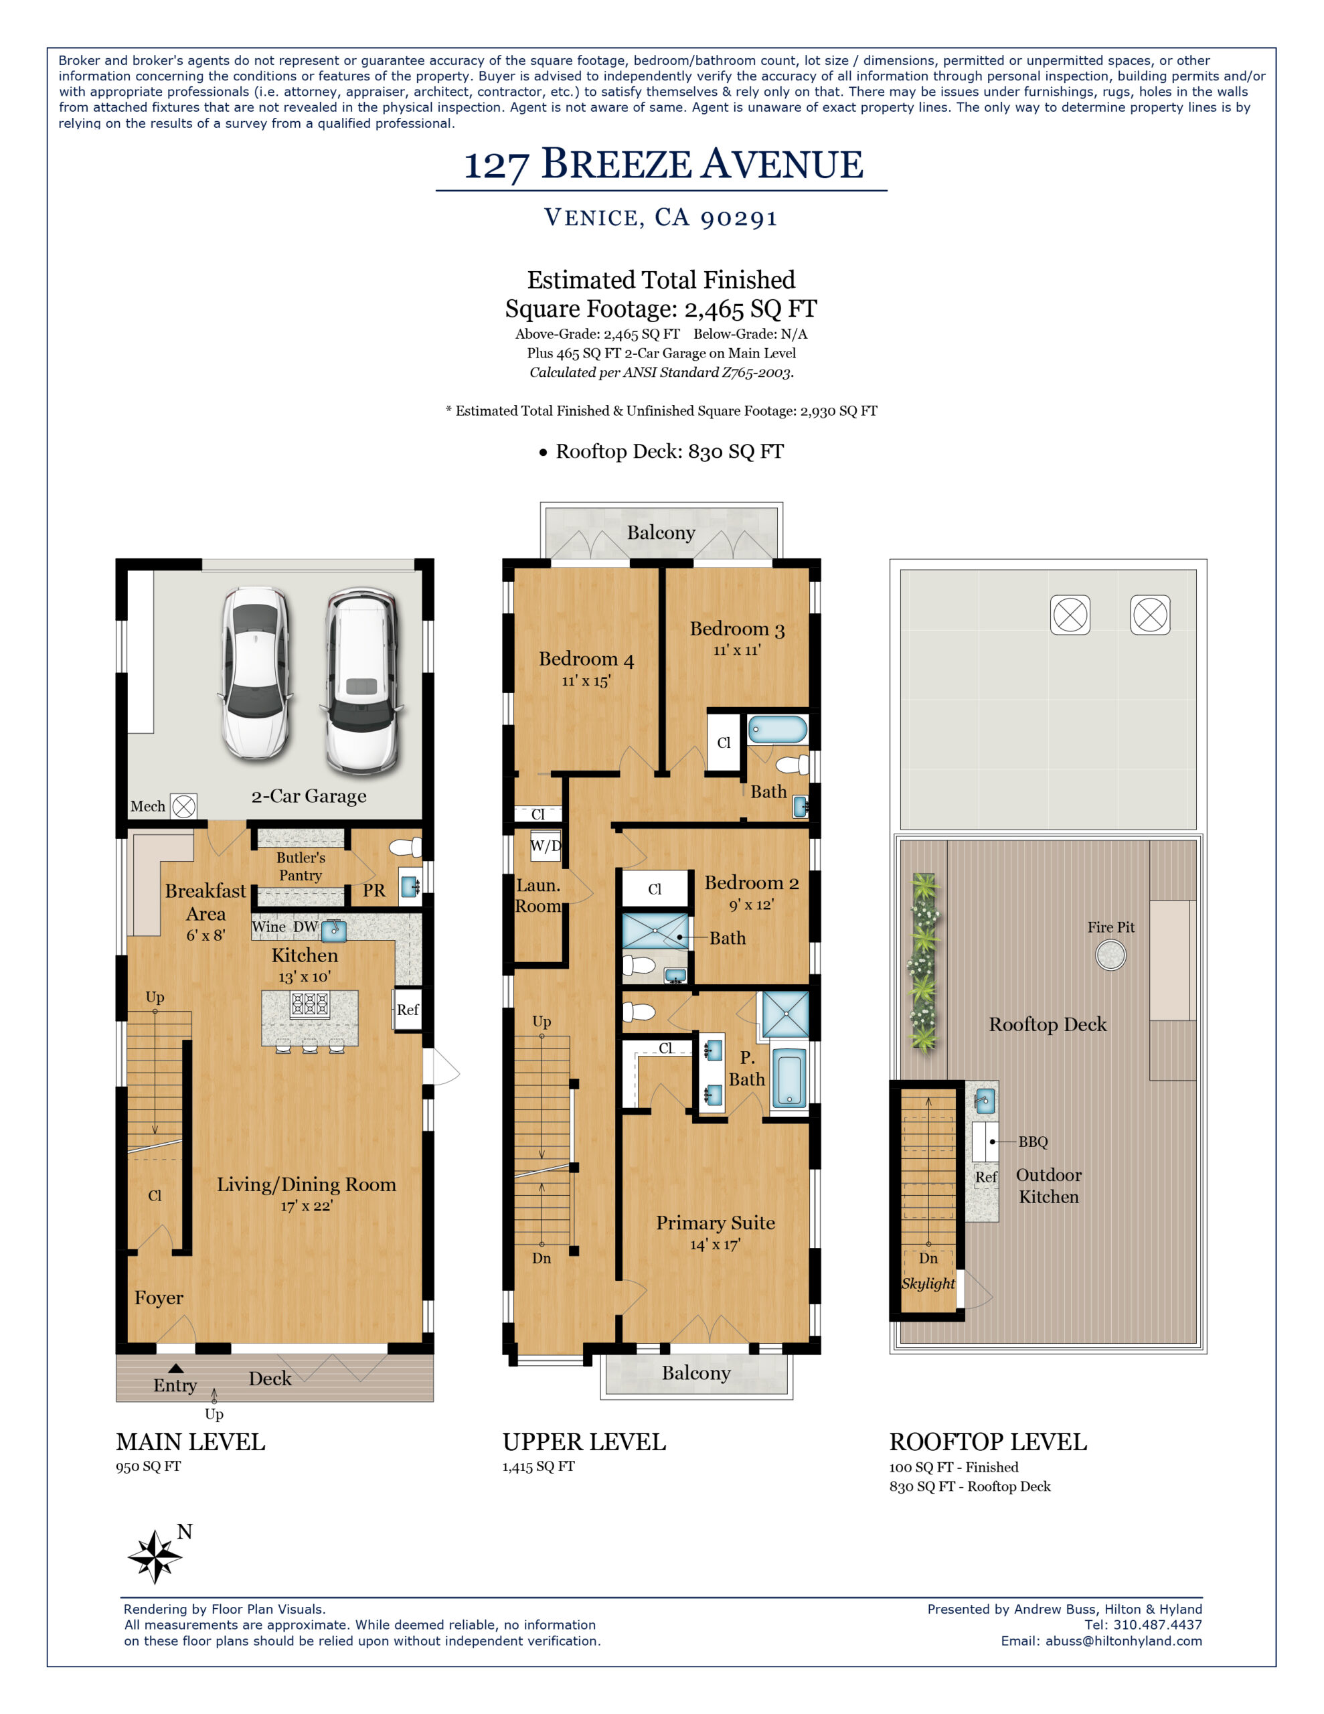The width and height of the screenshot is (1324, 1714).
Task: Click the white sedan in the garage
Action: pos(256,674)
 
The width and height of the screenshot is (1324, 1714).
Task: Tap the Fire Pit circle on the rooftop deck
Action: pos(1110,955)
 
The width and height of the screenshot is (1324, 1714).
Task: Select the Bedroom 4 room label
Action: pos(586,659)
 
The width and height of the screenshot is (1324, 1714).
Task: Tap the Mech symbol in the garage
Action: pos(183,806)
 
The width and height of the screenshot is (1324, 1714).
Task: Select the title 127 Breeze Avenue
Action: pos(663,165)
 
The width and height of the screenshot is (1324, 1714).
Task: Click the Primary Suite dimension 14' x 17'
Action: pos(714,1245)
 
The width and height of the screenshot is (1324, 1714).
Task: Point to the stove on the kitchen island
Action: pos(310,1004)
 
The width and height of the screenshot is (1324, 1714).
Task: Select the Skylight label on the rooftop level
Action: pos(928,1284)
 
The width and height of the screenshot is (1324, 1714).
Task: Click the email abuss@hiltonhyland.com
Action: pos(1123,1641)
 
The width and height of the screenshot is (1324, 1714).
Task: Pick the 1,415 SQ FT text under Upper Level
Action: pos(538,1467)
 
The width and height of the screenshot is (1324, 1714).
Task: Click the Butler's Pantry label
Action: pos(301,866)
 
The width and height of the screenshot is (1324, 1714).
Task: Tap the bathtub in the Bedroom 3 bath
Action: pos(777,729)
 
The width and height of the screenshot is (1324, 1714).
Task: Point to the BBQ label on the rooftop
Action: pos(1032,1142)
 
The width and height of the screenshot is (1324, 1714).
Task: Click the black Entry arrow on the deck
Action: pos(176,1369)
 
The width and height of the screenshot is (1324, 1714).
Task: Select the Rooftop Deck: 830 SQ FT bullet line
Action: pos(661,452)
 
